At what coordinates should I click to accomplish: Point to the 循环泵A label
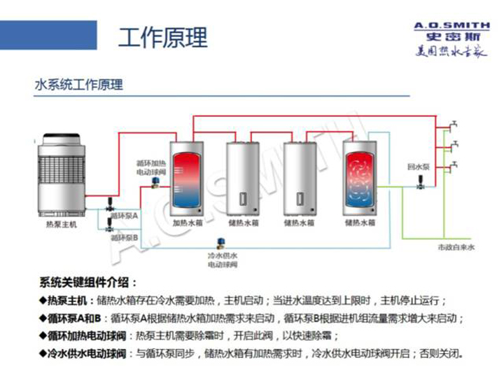[x=126, y=216]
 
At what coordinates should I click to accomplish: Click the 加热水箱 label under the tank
[x=187, y=223]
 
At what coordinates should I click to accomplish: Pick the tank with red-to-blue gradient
[x=187, y=179]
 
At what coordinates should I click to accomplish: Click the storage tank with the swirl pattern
[x=360, y=179]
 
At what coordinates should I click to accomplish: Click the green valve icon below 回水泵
[x=420, y=184]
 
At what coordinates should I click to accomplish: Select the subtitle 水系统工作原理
[x=78, y=85]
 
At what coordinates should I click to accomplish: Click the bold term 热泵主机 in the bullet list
[x=69, y=301]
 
